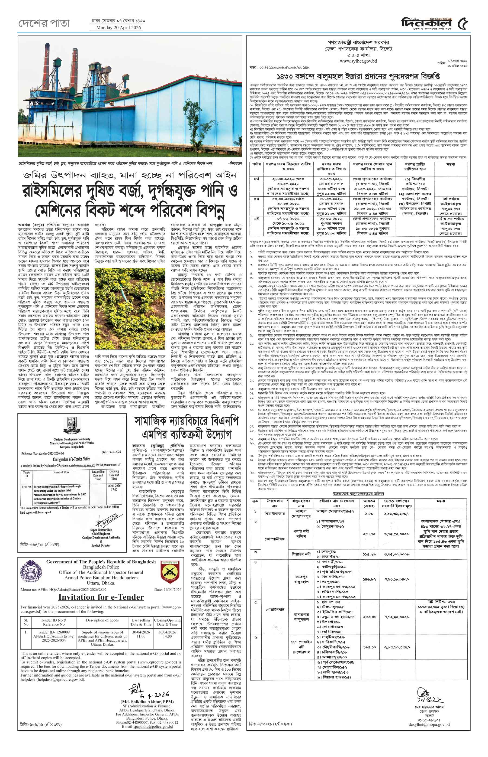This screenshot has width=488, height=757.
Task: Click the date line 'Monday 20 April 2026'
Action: pyautogui.click(x=118, y=28)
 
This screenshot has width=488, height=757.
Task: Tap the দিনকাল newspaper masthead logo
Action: pyautogui.click(x=426, y=23)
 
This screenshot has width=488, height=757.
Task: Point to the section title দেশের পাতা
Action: pyautogui.click(x=44, y=23)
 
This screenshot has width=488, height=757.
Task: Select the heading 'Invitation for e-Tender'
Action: pyautogui.click(x=101, y=597)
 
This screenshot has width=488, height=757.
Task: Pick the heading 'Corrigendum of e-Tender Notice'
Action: pyautogui.click(x=71, y=459)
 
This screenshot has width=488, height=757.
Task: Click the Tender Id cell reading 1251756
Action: pyautogui.click(x=27, y=487)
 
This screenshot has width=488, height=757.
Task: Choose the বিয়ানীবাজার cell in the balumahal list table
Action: pyautogui.click(x=274, y=513)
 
